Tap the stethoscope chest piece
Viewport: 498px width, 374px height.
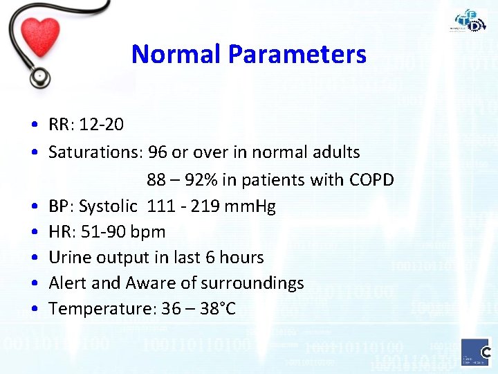coord(40,75)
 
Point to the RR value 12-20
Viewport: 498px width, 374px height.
coord(102,125)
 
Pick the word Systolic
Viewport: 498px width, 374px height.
coord(109,206)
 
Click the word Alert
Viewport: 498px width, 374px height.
coord(68,283)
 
